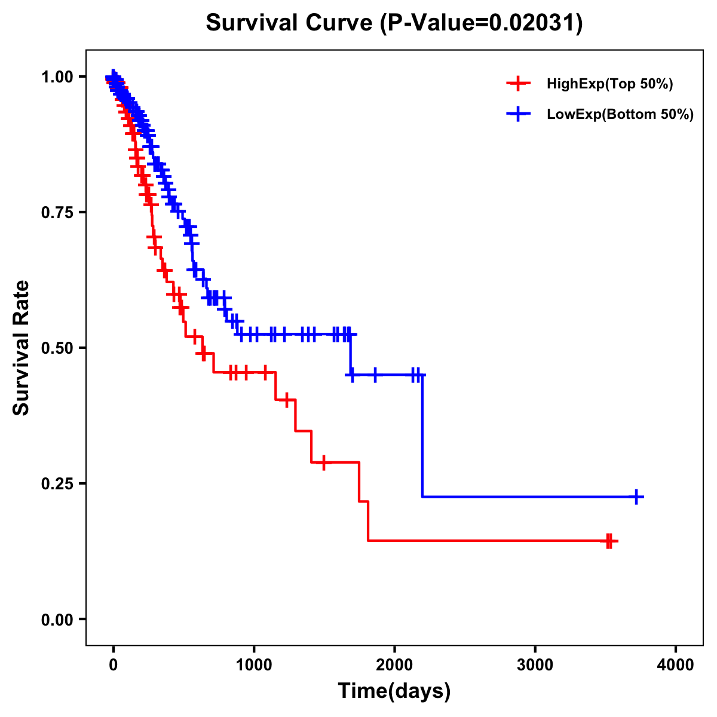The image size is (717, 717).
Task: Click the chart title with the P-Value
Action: point(394,23)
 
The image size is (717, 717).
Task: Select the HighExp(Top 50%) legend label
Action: point(610,84)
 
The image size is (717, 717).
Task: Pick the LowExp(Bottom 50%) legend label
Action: point(620,115)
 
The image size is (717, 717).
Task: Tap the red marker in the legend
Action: point(518,84)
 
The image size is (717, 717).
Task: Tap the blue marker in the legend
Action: point(518,114)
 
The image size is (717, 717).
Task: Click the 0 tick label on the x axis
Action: point(114,665)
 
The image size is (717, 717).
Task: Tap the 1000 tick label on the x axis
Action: point(254,665)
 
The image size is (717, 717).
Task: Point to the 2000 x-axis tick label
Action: point(394,665)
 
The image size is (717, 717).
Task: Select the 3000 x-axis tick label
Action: point(535,665)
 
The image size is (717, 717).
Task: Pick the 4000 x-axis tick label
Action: point(676,665)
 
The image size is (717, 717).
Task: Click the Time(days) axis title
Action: point(394,691)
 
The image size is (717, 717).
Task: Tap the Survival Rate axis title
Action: point(22,348)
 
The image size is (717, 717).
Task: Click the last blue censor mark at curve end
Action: point(637,497)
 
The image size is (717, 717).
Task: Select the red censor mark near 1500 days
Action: point(324,462)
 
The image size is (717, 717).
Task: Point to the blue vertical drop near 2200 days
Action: point(422,436)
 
